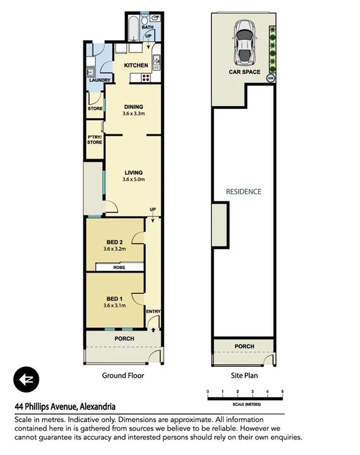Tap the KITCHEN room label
coord(136,65)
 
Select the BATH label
coord(148,28)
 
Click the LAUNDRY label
coord(99,80)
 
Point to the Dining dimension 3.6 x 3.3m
coord(134,113)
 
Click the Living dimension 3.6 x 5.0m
coord(134,180)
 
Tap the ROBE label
coord(120,268)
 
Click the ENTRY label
coord(153,311)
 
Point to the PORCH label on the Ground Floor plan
coord(124,338)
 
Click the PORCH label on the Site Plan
coord(245,346)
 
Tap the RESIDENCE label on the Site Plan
coord(243,192)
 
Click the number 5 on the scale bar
coord(282,391)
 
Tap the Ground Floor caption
coord(123,375)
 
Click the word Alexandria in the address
coord(97,406)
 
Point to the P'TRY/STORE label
coord(94,140)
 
